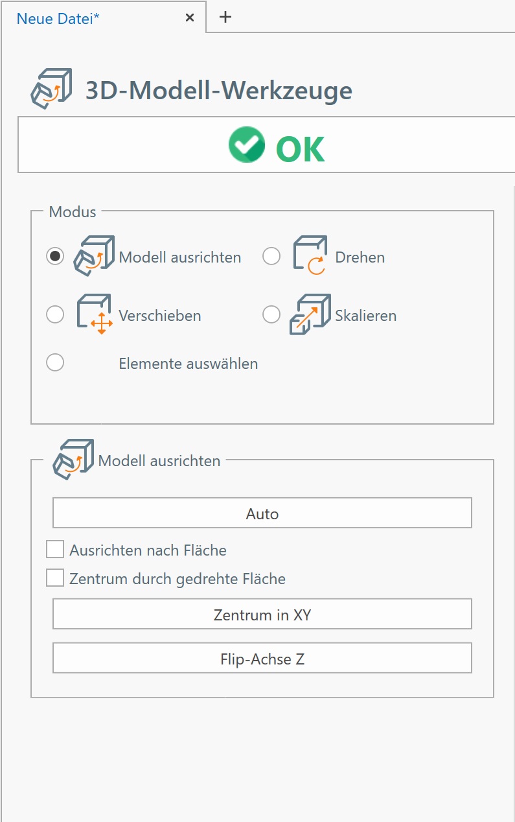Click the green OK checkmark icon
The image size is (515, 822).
(x=247, y=145)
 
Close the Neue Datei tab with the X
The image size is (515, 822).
(x=190, y=18)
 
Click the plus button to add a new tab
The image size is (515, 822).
(x=225, y=17)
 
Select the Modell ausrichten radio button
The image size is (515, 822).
(x=55, y=256)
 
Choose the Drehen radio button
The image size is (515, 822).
(x=271, y=256)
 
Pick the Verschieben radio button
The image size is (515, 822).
(x=55, y=314)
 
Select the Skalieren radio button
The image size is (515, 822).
(x=271, y=314)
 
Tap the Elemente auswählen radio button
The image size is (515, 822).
(x=55, y=362)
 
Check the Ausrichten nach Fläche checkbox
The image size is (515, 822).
(x=55, y=549)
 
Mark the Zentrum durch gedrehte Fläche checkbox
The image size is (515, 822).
(x=55, y=578)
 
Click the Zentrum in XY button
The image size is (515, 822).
(x=262, y=614)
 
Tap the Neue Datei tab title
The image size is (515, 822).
(x=58, y=19)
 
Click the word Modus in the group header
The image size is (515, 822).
(x=73, y=212)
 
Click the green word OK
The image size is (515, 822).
(x=300, y=148)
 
